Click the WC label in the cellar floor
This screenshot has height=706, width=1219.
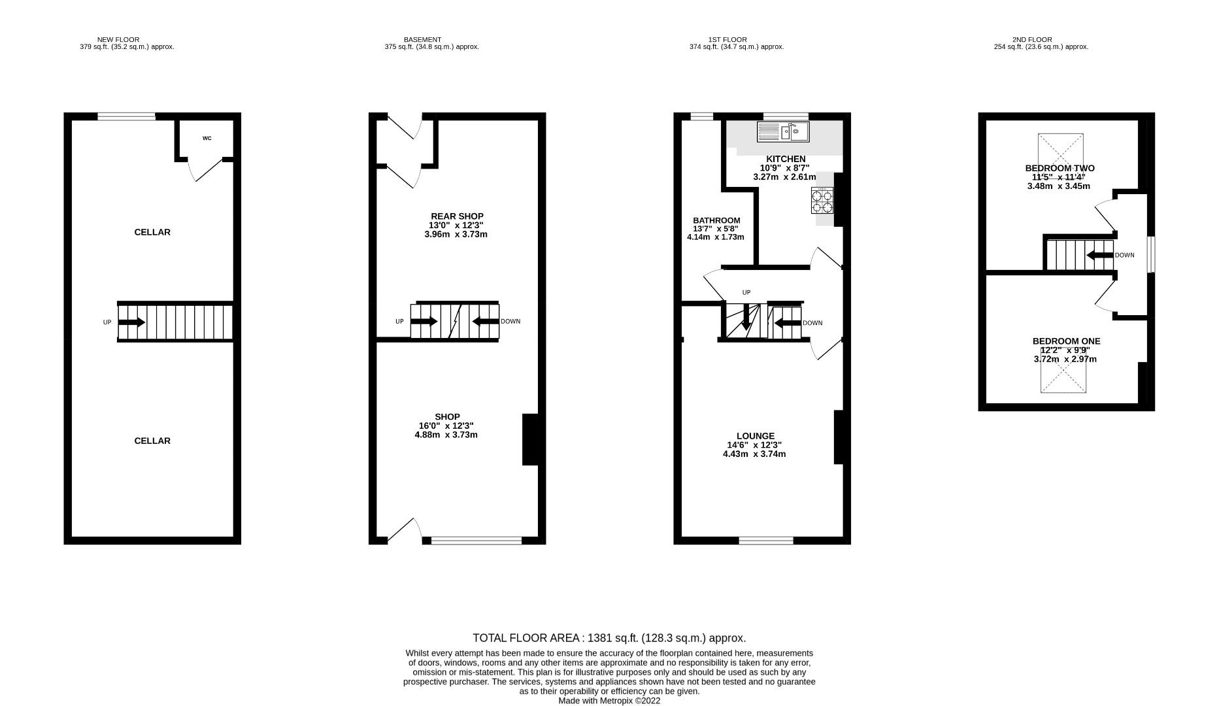click(x=207, y=139)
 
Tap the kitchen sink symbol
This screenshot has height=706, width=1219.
click(x=783, y=132)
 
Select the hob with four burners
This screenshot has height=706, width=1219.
click(x=822, y=201)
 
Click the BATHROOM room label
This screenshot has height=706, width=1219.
click(x=716, y=221)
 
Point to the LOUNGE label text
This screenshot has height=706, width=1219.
click(x=755, y=436)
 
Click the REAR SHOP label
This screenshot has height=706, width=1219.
click(x=457, y=216)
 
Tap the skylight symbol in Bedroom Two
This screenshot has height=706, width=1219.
click(x=1060, y=152)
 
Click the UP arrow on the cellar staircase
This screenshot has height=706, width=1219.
click(x=131, y=322)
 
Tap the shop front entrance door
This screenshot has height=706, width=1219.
click(x=402, y=531)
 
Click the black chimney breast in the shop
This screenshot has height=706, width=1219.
click(x=530, y=439)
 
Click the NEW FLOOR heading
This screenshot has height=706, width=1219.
click(x=118, y=40)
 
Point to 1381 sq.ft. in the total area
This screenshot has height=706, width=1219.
click(x=612, y=638)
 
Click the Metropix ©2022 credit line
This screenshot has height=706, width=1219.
click(x=609, y=701)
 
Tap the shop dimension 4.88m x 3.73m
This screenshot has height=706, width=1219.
click(x=446, y=435)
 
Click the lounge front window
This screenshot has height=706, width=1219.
click(x=766, y=541)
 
